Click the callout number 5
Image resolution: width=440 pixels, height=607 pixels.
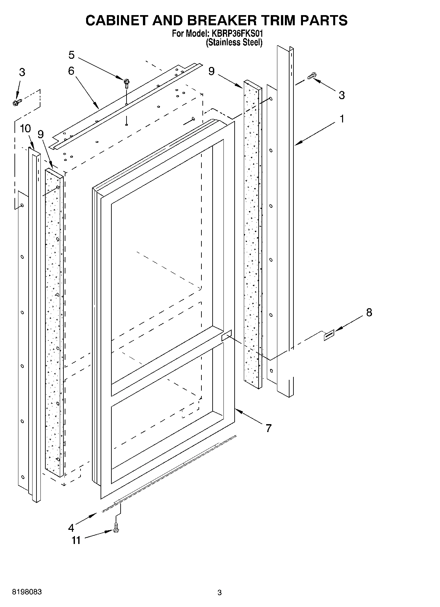click(x=71, y=55)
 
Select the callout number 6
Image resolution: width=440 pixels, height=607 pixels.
click(x=71, y=71)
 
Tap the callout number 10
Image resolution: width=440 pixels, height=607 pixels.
click(x=25, y=128)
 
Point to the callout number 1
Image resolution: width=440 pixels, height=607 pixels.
click(x=342, y=119)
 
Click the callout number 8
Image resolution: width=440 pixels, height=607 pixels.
click(x=369, y=313)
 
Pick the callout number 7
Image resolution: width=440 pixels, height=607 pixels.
click(x=268, y=428)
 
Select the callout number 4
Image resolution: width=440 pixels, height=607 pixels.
click(x=71, y=528)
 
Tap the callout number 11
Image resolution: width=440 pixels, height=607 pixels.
click(x=76, y=540)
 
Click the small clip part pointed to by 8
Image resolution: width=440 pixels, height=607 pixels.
click(x=329, y=335)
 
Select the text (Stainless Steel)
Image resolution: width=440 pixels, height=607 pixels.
click(x=234, y=42)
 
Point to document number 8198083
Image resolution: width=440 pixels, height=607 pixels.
click(x=27, y=593)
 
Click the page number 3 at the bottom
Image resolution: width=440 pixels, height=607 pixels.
click(x=220, y=593)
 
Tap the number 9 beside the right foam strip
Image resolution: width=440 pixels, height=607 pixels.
click(x=211, y=71)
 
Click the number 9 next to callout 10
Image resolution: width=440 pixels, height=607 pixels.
click(x=41, y=134)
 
